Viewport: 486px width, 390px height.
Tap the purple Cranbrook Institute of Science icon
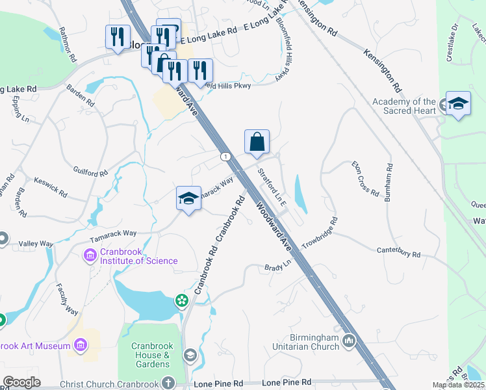pos(90,255)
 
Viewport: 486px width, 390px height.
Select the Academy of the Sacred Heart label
pos(403,106)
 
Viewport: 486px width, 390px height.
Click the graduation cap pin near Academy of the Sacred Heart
pos(458,103)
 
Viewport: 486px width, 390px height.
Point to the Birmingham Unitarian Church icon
pos(349,340)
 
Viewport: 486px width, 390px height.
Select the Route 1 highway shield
pos(225,157)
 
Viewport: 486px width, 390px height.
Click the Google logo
pos(21,382)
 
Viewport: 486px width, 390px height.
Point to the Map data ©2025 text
pos(459,385)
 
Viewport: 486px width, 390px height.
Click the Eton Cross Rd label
pos(365,179)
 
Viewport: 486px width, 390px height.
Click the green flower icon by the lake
pos(181,300)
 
